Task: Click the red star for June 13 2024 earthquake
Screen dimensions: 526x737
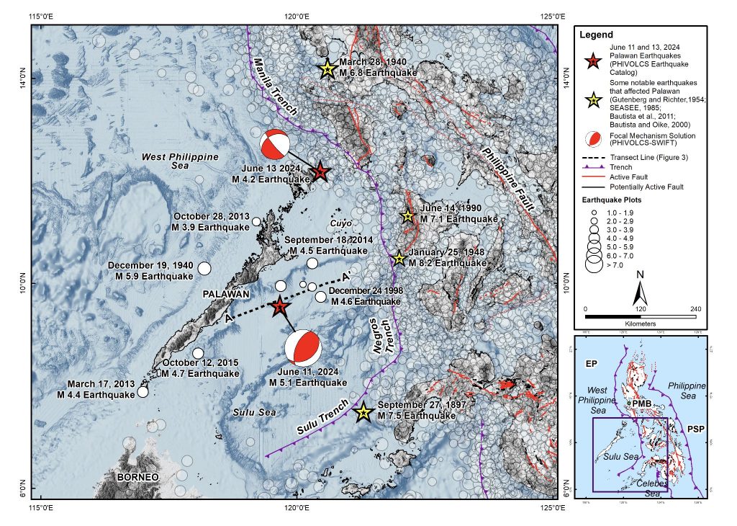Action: (320, 171)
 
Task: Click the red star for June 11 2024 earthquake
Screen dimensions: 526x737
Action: (279, 307)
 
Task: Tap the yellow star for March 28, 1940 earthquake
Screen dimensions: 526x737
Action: (327, 69)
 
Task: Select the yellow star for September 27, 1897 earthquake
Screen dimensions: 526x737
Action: (363, 412)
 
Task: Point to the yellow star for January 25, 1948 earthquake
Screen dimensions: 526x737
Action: (399, 258)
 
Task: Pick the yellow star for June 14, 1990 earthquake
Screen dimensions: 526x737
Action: (407, 215)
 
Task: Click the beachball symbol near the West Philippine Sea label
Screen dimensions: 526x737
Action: (276, 144)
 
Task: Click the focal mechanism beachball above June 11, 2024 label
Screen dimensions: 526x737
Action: (301, 347)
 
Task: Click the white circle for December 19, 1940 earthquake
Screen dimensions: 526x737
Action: (204, 269)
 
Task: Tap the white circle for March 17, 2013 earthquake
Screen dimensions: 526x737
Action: (143, 391)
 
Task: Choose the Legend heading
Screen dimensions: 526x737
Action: (596, 35)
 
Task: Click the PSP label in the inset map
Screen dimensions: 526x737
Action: (695, 429)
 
